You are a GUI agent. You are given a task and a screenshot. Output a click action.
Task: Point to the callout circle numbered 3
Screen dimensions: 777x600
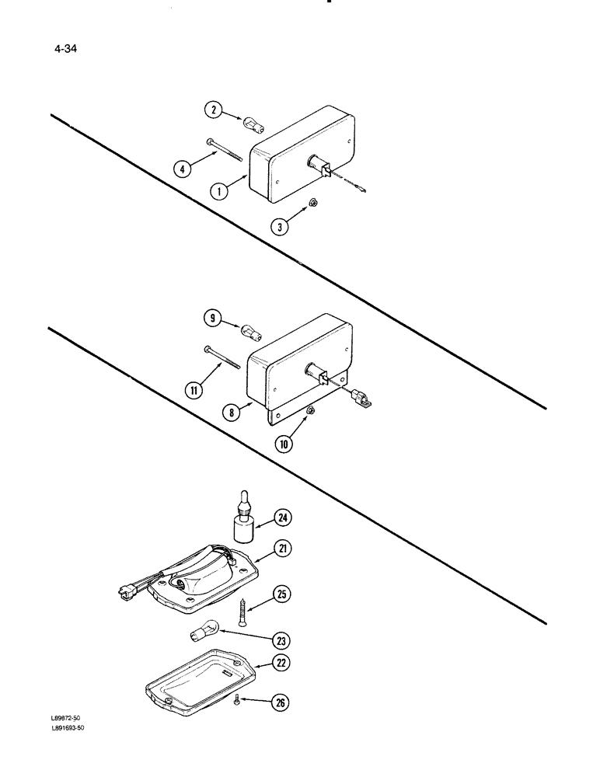[280, 227]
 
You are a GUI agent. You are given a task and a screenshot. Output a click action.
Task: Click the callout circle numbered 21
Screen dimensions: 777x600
[282, 550]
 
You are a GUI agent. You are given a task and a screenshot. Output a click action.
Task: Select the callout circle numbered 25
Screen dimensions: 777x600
[282, 596]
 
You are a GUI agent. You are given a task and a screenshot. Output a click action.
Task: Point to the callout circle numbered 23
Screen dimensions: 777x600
[281, 642]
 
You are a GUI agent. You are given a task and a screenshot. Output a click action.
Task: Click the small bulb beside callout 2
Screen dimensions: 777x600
[252, 122]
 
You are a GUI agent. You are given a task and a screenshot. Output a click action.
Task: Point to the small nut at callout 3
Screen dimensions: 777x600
[309, 202]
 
